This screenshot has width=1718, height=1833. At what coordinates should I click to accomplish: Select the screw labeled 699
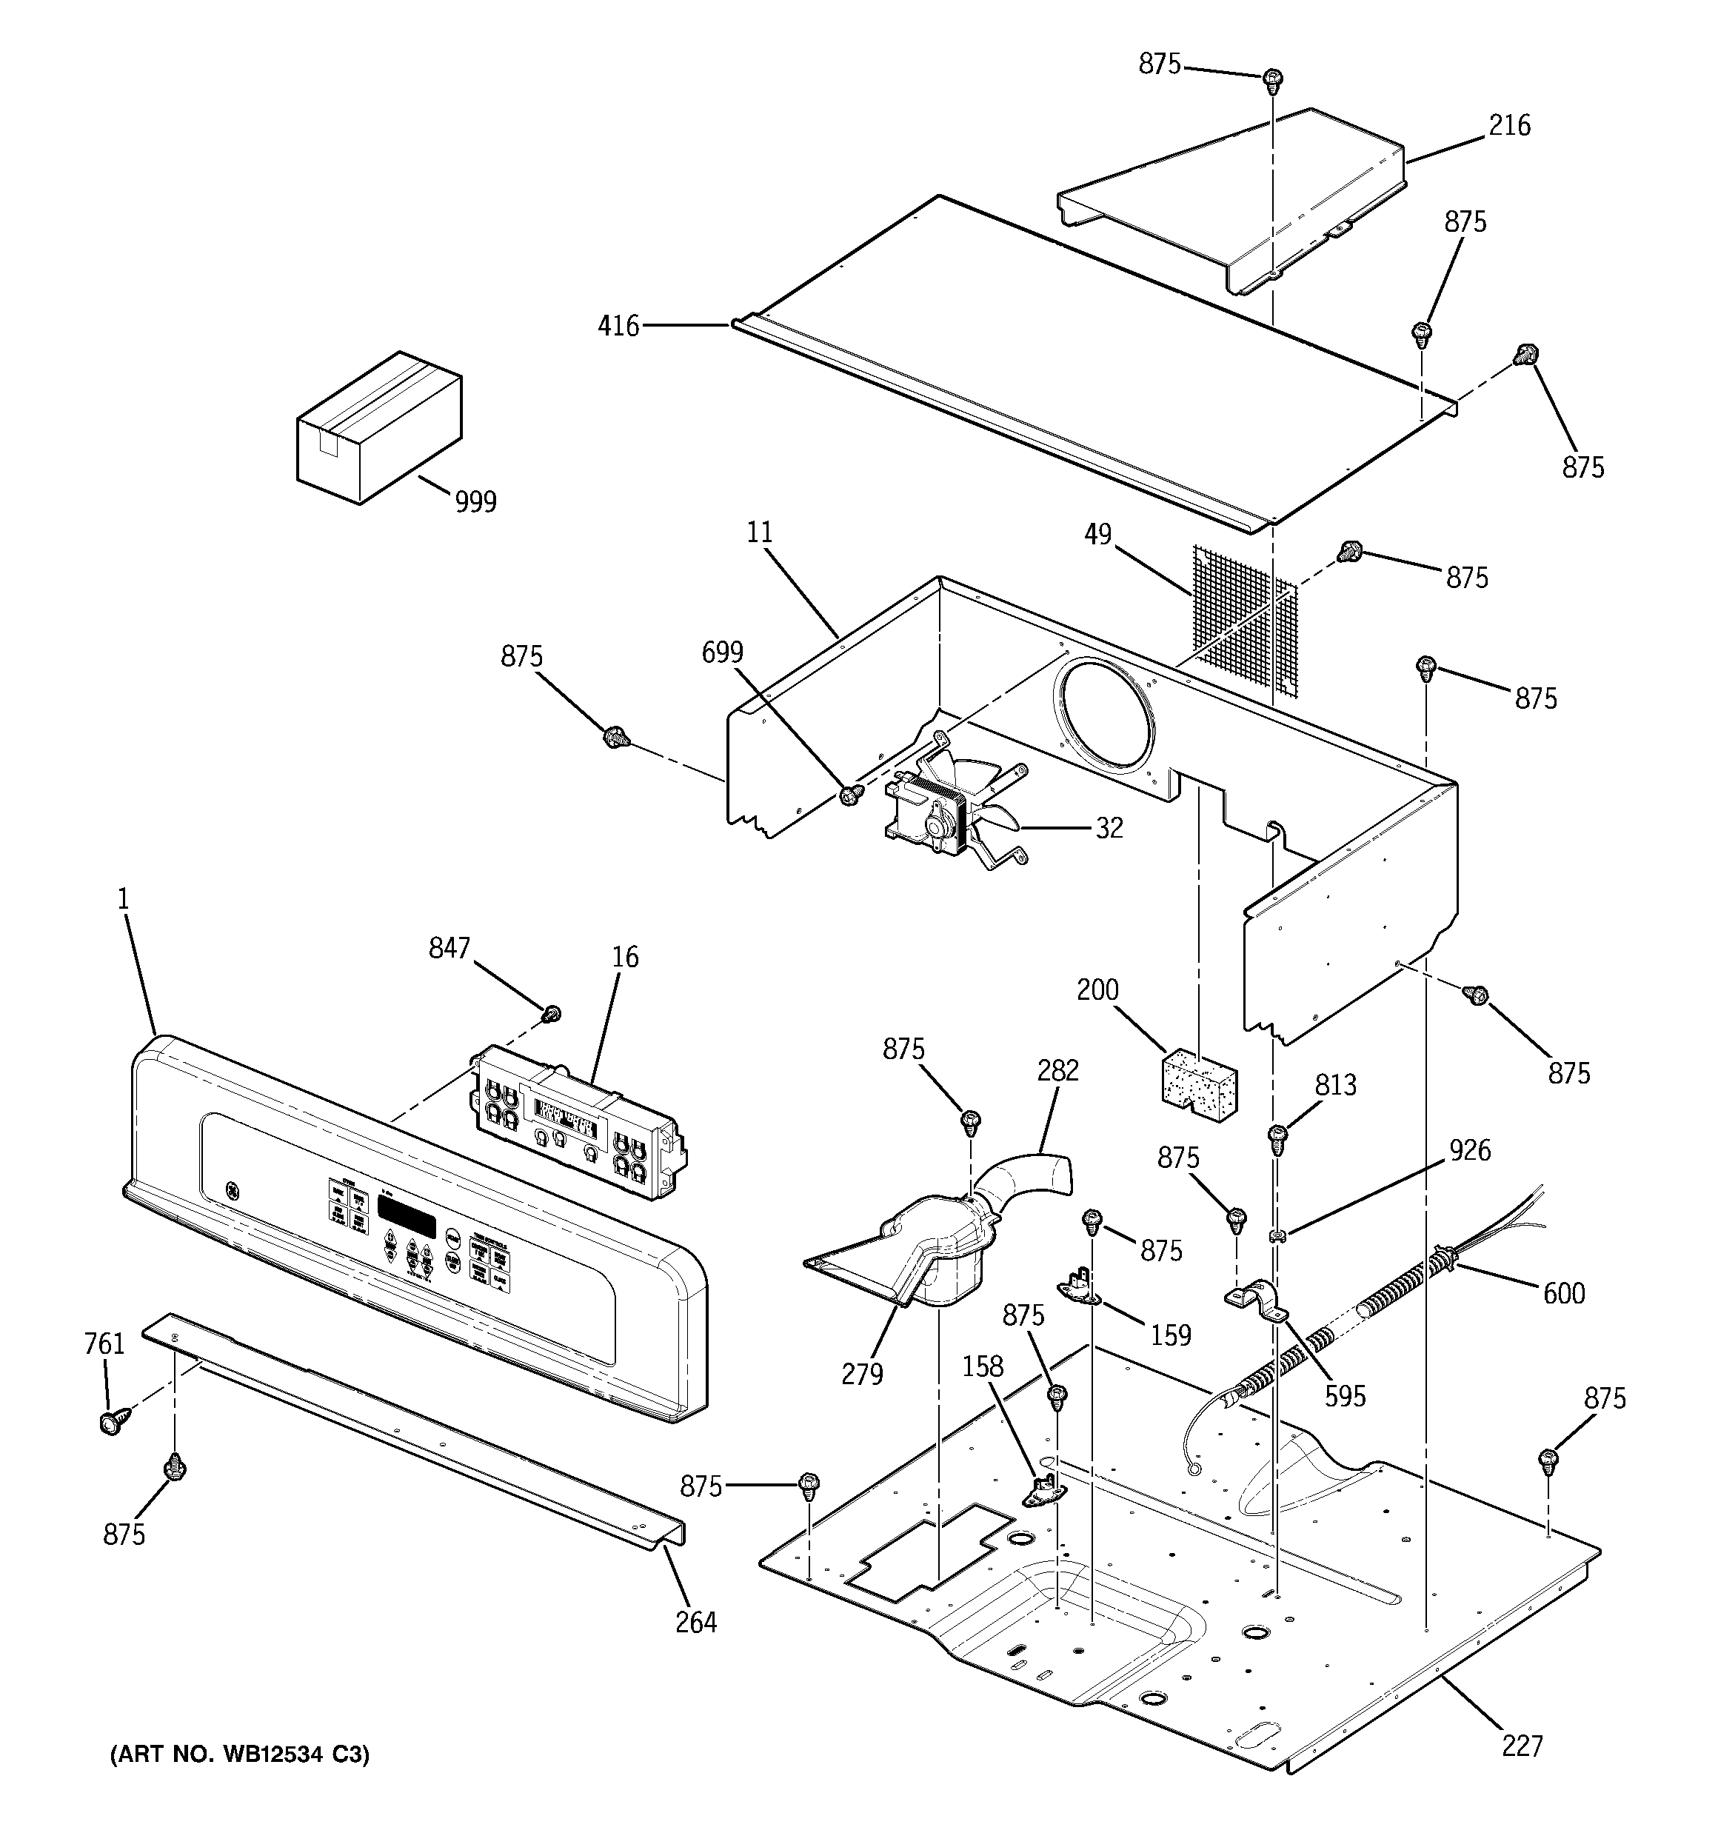[850, 793]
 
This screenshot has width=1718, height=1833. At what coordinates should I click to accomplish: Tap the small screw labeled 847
[552, 1014]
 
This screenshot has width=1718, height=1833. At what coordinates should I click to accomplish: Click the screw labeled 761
[110, 1423]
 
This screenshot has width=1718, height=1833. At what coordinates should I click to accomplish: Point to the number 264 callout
[695, 1622]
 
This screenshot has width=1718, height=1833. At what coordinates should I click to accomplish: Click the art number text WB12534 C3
[240, 1754]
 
